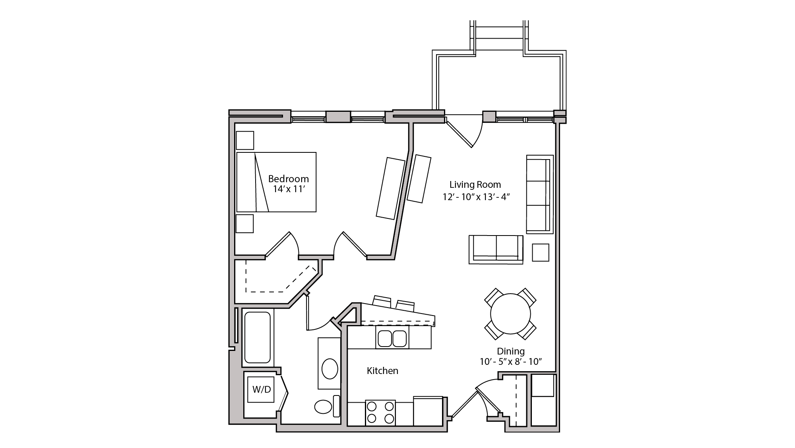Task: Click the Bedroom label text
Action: (288, 179)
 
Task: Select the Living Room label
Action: (475, 185)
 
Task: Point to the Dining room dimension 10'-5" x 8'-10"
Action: (511, 362)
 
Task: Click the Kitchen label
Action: (382, 371)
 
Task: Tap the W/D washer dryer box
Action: (261, 390)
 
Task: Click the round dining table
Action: (510, 314)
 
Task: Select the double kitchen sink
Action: (392, 338)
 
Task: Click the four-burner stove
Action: (380, 413)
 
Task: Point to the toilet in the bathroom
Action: (323, 407)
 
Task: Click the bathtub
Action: (258, 337)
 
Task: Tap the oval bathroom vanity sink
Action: (330, 369)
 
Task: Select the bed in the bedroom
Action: (276, 182)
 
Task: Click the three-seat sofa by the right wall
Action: (539, 194)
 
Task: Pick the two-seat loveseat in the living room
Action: (496, 249)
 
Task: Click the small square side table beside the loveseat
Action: (540, 252)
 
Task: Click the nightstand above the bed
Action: (245, 140)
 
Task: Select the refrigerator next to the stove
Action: (428, 411)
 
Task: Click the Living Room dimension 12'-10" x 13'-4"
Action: (476, 197)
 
